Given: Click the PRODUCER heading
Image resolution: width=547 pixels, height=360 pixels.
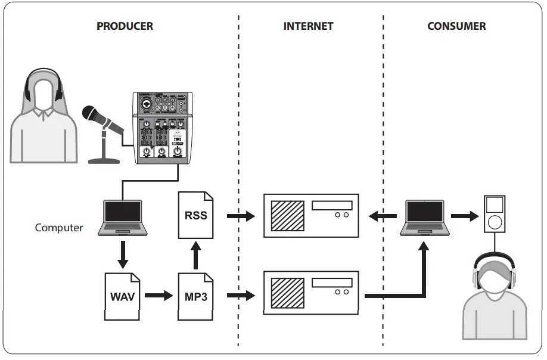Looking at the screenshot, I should pyautogui.click(x=125, y=26).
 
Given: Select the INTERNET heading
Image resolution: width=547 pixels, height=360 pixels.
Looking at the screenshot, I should pyautogui.click(x=308, y=26).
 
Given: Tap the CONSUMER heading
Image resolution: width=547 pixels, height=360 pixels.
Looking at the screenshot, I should pyautogui.click(x=456, y=26).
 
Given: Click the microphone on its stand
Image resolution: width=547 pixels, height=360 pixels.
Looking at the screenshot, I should pyautogui.click(x=102, y=131).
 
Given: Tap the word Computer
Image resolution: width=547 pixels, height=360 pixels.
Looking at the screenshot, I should pyautogui.click(x=59, y=227).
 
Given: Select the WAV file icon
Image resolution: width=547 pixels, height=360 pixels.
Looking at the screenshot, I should pyautogui.click(x=122, y=296).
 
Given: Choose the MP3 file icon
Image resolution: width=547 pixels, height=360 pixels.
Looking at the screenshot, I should pyautogui.click(x=195, y=296).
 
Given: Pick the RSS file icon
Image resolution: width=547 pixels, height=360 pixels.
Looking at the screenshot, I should pyautogui.click(x=195, y=215).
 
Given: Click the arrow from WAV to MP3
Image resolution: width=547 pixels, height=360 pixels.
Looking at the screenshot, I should pyautogui.click(x=158, y=295).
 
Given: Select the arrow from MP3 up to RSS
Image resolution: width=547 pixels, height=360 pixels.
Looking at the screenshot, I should pyautogui.click(x=195, y=254).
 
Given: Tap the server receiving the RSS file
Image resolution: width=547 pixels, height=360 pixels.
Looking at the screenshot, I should pyautogui.click(x=310, y=216).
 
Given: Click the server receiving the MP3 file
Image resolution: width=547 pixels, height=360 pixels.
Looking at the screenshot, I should pyautogui.click(x=310, y=293).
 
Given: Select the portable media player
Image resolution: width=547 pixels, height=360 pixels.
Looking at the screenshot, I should pyautogui.click(x=494, y=214).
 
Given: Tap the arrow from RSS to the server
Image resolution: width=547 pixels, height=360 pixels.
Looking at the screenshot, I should pyautogui.click(x=241, y=216).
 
